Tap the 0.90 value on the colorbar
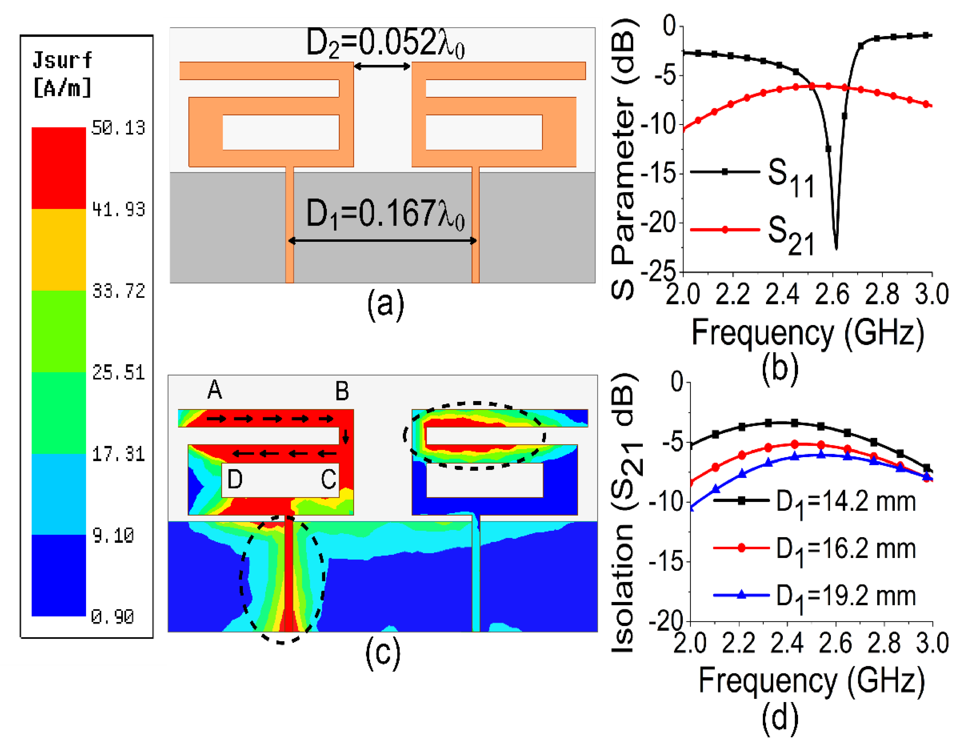[113, 617]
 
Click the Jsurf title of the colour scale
[62, 60]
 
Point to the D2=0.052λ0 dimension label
[385, 43]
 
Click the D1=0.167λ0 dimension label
[385, 214]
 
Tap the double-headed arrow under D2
[382, 66]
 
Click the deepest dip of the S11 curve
[836, 247]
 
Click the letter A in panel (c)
[214, 390]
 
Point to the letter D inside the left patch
[235, 480]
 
